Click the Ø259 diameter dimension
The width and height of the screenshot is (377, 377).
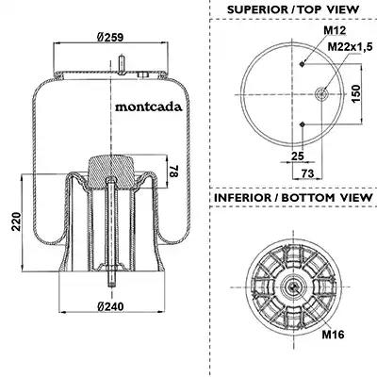(x=110, y=38)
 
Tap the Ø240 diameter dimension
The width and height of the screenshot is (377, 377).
(x=110, y=306)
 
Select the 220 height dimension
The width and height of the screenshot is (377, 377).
(x=16, y=221)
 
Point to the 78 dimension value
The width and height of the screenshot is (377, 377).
(x=174, y=171)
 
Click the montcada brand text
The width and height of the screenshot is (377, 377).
(x=149, y=107)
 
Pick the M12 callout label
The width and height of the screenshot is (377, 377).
(x=335, y=30)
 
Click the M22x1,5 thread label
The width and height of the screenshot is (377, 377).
(x=350, y=47)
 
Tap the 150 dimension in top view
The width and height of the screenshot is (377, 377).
(x=356, y=93)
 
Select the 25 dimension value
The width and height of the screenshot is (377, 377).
(x=298, y=156)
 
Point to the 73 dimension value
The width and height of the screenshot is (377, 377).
(x=308, y=173)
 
